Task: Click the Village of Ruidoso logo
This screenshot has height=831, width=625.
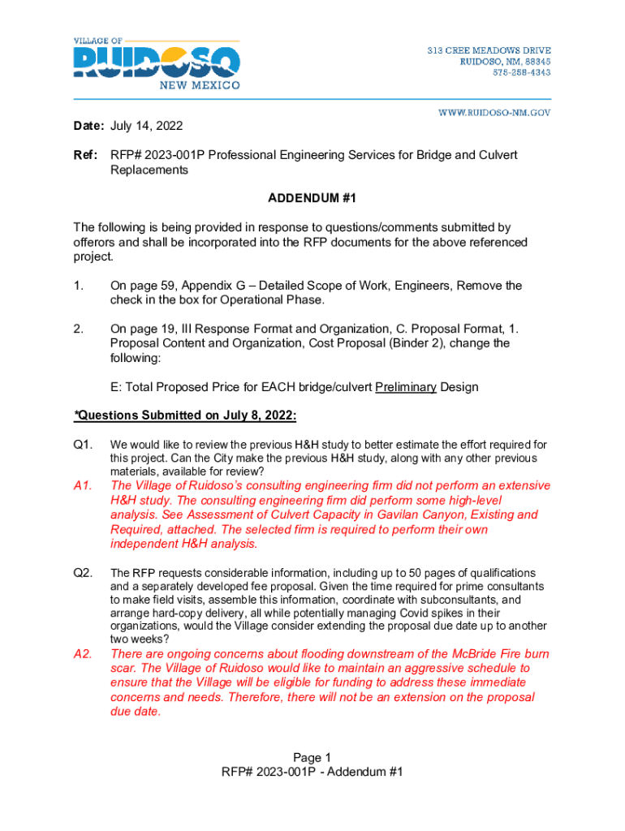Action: pyautogui.click(x=157, y=62)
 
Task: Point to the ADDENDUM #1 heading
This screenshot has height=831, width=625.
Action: pyautogui.click(x=312, y=198)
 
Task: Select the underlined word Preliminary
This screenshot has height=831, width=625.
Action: pyautogui.click(x=406, y=386)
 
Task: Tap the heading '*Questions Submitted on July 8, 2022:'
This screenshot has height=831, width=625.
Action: pyautogui.click(x=185, y=415)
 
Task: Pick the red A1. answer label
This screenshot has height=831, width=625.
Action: pyautogui.click(x=83, y=485)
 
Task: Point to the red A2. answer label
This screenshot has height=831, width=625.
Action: pyautogui.click(x=83, y=653)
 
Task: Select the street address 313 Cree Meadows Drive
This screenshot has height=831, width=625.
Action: pyautogui.click(x=489, y=51)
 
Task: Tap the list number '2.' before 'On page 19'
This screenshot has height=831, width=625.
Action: pyautogui.click(x=78, y=329)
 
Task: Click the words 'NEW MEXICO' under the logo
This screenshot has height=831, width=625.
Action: pyautogui.click(x=199, y=85)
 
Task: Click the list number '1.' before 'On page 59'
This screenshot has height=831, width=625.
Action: pyautogui.click(x=78, y=286)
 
